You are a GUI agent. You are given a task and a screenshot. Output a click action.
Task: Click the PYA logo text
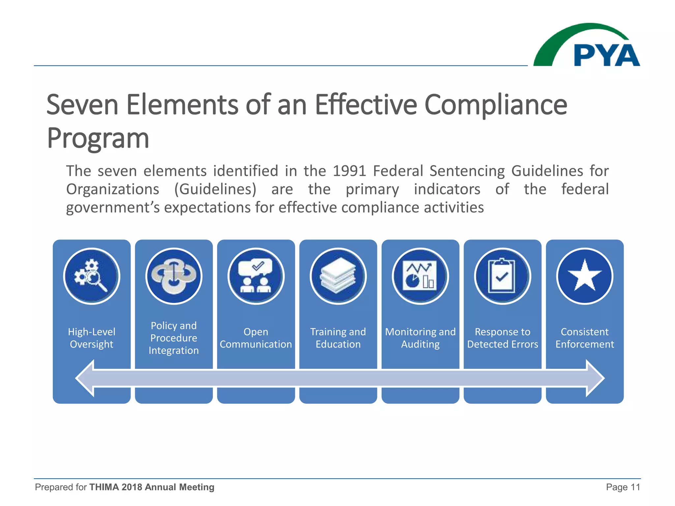tap(606, 55)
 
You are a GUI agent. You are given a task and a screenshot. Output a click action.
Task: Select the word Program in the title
tap(98, 138)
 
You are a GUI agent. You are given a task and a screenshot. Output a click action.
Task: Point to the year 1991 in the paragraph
tap(349, 171)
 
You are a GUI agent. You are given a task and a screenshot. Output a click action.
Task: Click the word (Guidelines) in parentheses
tap(215, 189)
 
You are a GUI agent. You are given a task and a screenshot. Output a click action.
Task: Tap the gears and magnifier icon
tap(92, 276)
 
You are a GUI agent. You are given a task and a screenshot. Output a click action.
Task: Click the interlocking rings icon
tap(174, 276)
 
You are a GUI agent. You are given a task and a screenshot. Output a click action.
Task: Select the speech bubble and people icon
tap(256, 276)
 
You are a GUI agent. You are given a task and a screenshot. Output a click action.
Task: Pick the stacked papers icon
tap(338, 276)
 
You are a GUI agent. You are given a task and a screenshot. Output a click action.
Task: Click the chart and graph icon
tap(420, 276)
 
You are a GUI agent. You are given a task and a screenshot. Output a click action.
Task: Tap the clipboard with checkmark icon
tap(502, 276)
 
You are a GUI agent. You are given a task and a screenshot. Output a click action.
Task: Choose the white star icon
tap(585, 276)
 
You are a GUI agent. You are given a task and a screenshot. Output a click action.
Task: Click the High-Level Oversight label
tap(92, 338)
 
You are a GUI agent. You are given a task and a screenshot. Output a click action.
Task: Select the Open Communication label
tap(256, 338)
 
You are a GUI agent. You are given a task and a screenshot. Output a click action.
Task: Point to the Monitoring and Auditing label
tap(420, 338)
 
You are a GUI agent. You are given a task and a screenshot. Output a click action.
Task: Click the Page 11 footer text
tap(623, 487)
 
